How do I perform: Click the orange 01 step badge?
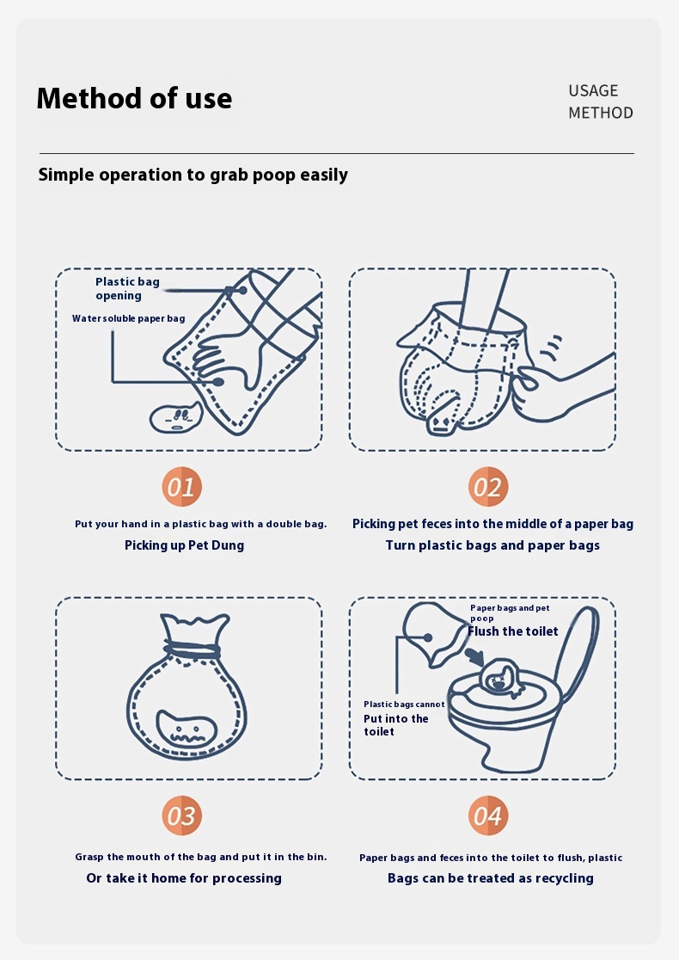pyautogui.click(x=181, y=487)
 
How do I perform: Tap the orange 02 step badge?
pyautogui.click(x=488, y=487)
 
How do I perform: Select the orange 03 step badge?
pyautogui.click(x=181, y=815)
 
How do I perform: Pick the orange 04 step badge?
pyautogui.click(x=488, y=815)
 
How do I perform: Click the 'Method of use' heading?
pyautogui.click(x=135, y=98)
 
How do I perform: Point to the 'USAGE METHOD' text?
pyautogui.click(x=600, y=102)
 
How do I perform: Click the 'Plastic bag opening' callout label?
pyautogui.click(x=127, y=288)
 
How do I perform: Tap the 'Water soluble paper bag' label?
pyautogui.click(x=128, y=318)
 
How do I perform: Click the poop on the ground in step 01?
pyautogui.click(x=175, y=417)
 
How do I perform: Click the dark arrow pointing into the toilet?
pyautogui.click(x=474, y=656)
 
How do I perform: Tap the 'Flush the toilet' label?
pyautogui.click(x=512, y=631)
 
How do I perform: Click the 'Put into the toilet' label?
pyautogui.click(x=395, y=725)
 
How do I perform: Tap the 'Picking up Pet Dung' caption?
pyautogui.click(x=184, y=545)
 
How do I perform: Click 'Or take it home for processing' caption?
pyautogui.click(x=184, y=878)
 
